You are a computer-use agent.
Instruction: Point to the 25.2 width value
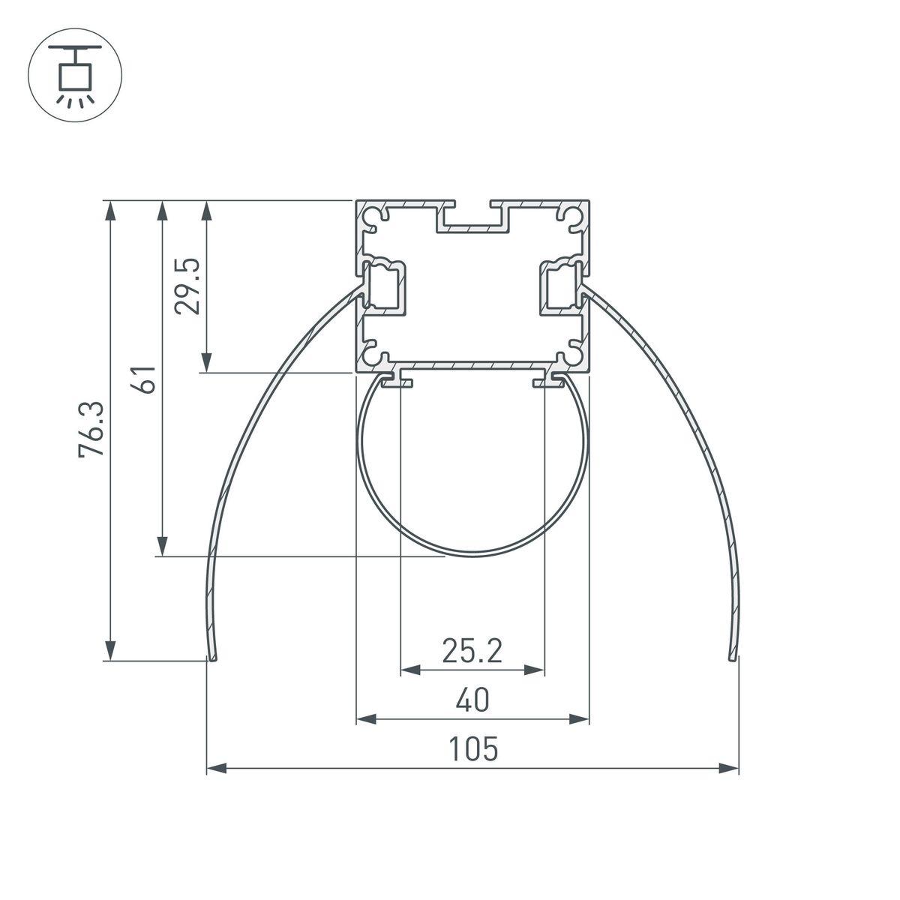pyautogui.click(x=471, y=651)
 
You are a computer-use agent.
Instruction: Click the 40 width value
pyautogui.click(x=472, y=700)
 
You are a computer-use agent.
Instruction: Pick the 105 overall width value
pyautogui.click(x=472, y=749)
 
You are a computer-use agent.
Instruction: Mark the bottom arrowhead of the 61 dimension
pyautogui.click(x=160, y=546)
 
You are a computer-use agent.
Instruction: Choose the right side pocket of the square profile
pyautogui.click(x=559, y=286)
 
